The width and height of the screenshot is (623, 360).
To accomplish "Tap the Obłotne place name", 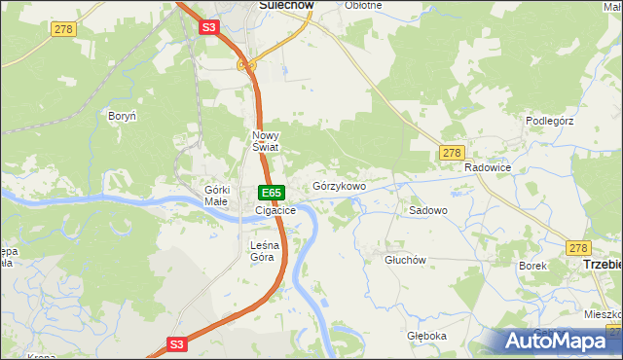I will pos(363,5).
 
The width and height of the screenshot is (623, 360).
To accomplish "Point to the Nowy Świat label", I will pos(266,141).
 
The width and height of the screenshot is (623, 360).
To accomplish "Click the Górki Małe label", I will pos(216,196).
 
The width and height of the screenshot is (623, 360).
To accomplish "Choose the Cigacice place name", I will pos(275,210).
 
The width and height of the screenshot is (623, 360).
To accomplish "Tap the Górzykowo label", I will pos(339,186).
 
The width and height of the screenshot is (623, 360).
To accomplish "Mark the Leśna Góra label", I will pos(263,251).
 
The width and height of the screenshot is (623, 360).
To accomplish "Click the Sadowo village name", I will pos(428,210).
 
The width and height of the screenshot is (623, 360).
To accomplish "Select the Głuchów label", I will pos(406,260).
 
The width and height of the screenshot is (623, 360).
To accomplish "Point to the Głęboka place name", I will pos(427,336).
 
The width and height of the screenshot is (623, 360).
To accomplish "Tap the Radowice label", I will pos(488,167).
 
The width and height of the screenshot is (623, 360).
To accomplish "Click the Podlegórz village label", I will pos(552,121).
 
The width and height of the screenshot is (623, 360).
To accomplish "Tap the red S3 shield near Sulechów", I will pos(209,28).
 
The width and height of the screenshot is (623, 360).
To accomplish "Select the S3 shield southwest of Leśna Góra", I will pos(176,343).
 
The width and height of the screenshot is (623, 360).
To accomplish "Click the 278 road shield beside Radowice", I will pos(451,153).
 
